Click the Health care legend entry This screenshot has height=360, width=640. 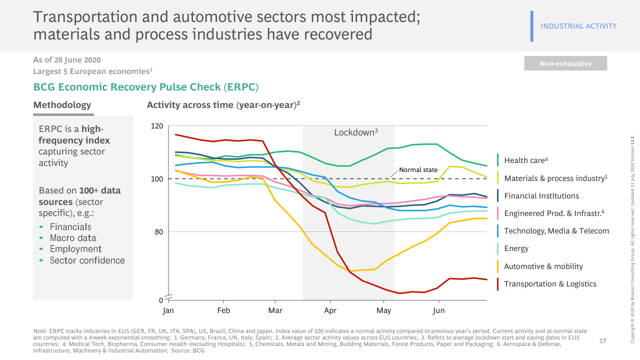526,160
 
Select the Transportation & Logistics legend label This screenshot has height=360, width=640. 550,284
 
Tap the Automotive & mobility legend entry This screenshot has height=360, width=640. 543,266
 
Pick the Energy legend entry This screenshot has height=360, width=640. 516,248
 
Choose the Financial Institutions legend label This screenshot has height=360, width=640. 541,196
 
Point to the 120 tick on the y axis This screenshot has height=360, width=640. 157,126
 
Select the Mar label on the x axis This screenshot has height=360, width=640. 275,310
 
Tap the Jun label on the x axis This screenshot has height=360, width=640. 438,310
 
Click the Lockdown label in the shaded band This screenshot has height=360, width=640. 355,132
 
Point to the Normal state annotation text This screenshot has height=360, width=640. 418,170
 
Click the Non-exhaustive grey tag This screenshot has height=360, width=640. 565,63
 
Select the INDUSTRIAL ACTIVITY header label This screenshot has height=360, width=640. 578,26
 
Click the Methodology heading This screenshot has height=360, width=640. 62,105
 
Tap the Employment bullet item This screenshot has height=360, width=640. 75,249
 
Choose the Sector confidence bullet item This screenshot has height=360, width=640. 87,260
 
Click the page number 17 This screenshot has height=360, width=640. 602,341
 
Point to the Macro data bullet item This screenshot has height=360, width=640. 72,238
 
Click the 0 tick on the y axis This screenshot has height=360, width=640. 161,300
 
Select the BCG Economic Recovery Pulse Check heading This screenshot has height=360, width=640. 145,87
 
